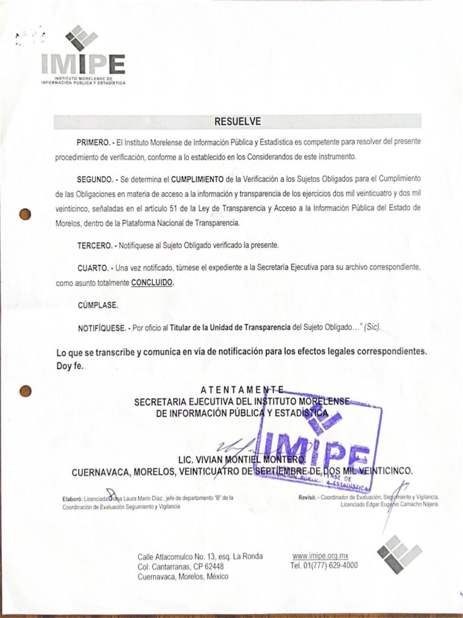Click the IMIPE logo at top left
[83, 58]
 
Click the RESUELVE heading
[238, 121]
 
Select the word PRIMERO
[92, 142]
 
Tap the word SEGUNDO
[94, 180]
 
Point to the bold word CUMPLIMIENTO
[197, 180]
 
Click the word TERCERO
[93, 246]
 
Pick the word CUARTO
[92, 267]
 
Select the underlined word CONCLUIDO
[152, 282]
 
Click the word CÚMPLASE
[97, 305]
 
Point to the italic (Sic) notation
[371, 327]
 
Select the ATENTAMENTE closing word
[241, 389]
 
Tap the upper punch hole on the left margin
[25, 214]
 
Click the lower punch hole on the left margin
[25, 391]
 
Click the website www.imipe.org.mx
[320, 556]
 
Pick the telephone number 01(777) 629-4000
[324, 565]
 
